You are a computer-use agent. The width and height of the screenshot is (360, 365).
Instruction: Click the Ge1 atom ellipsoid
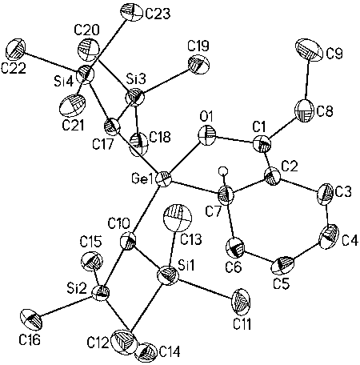coord(163,180)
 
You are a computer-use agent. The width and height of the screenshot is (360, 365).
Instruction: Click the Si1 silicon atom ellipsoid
coord(168,276)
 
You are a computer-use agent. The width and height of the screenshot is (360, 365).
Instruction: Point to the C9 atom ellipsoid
coord(308,50)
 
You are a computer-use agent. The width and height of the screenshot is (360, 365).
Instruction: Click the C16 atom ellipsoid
coord(31,319)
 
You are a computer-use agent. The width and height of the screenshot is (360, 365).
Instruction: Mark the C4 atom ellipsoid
coord(329,237)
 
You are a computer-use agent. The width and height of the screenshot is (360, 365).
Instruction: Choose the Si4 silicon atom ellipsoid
coord(86,74)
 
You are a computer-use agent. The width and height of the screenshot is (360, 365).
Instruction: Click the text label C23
coord(158,14)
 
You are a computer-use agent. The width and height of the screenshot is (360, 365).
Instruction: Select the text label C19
coord(198,46)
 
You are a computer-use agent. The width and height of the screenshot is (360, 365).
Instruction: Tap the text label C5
coord(281,284)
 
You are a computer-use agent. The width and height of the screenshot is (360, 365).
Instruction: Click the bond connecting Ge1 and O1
coord(185,158)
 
